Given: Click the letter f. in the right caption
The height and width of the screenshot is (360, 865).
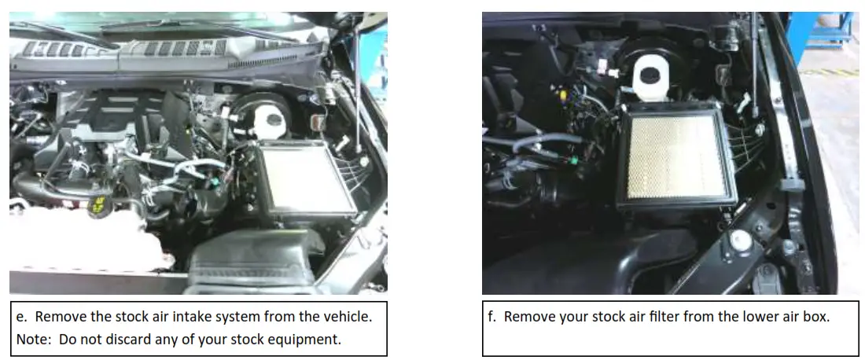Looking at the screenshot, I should click(493, 318).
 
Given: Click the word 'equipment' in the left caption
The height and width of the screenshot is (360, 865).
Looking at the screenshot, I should click(307, 340).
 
